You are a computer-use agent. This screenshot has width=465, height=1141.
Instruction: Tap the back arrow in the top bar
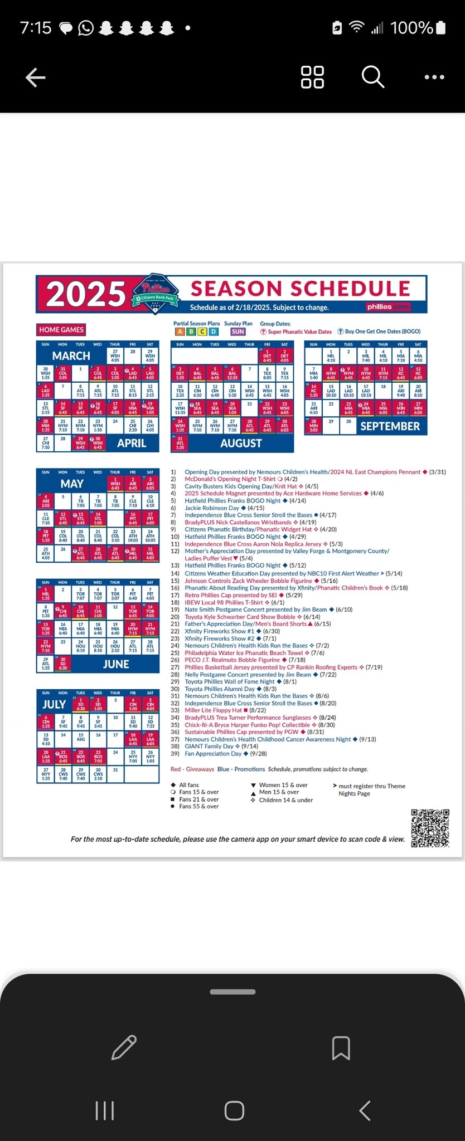tap(36, 77)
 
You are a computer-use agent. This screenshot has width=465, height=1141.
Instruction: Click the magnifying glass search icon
tap(372, 77)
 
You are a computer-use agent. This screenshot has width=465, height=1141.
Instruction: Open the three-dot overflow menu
tap(434, 77)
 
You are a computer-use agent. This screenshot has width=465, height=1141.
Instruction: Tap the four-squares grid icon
tap(312, 77)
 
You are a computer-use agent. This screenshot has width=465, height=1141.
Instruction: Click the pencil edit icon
tap(124, 1047)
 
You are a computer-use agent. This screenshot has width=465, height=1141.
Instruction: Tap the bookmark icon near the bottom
tap(341, 1047)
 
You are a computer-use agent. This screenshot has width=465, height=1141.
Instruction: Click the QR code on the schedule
tap(430, 828)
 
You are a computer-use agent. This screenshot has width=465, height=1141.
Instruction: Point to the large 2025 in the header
tap(86, 294)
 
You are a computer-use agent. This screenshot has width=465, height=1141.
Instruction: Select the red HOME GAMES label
tap(61, 330)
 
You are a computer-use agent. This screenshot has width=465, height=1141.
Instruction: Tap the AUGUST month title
tap(241, 443)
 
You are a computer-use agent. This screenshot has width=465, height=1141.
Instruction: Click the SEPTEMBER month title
tap(390, 426)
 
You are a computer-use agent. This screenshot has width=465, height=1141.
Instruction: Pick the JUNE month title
tap(116, 664)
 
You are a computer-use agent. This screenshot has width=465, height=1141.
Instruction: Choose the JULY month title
tap(54, 704)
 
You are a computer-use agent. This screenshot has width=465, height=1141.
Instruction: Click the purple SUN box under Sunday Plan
tap(238, 331)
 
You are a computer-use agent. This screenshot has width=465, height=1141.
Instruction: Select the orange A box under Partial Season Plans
tap(180, 331)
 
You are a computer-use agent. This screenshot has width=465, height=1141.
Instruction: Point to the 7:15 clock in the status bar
tap(36, 28)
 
